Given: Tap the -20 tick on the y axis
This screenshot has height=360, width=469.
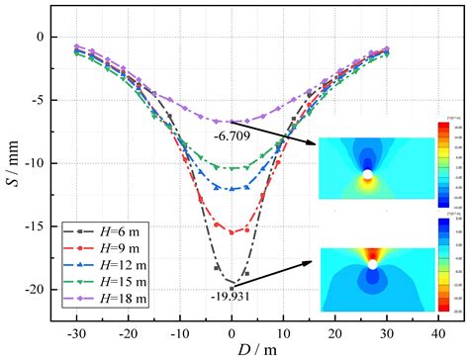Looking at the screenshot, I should click(37, 289).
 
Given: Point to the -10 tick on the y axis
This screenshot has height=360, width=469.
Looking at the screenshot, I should click(37, 163).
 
